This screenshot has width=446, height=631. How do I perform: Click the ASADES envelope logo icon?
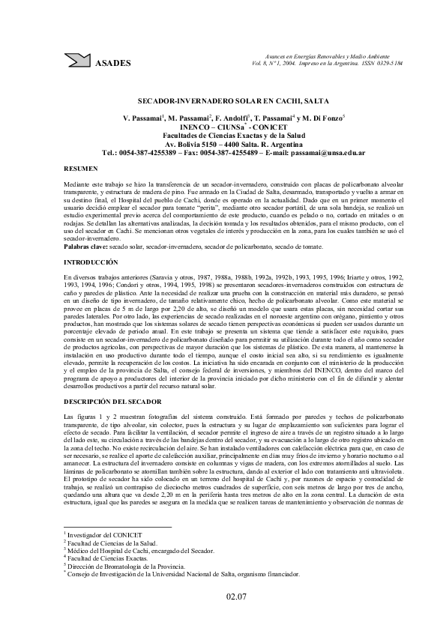click(76, 61)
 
